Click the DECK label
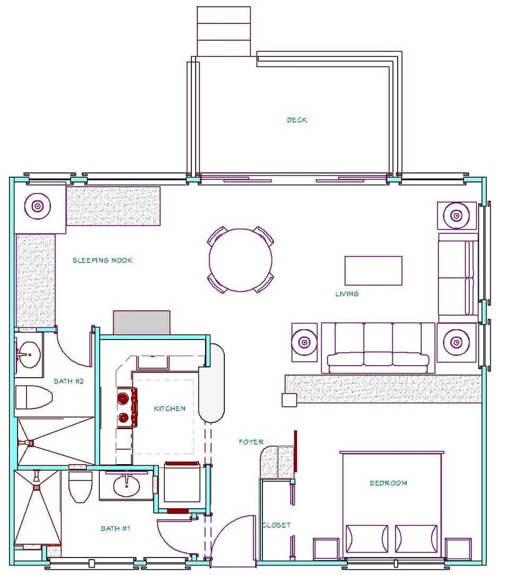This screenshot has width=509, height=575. tap(296, 120)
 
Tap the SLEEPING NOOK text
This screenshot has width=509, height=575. tap(102, 260)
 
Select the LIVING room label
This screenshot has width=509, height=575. tap(347, 293)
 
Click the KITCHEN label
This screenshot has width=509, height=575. tap(170, 408)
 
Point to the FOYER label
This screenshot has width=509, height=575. tap(251, 442)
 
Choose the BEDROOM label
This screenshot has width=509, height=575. tap(388, 483)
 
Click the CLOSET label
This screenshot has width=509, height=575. tap(277, 525)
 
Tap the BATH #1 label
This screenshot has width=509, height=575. tap(115, 528)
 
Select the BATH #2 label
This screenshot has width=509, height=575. tap(69, 381)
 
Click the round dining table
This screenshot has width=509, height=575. tap(241, 260)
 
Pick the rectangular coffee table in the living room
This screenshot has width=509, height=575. tap(373, 271)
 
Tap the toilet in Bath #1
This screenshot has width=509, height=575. tap(81, 486)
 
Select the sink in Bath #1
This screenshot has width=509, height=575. tap(126, 485)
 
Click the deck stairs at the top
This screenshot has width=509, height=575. tap(223, 31)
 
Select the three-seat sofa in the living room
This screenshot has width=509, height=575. tap(378, 347)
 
